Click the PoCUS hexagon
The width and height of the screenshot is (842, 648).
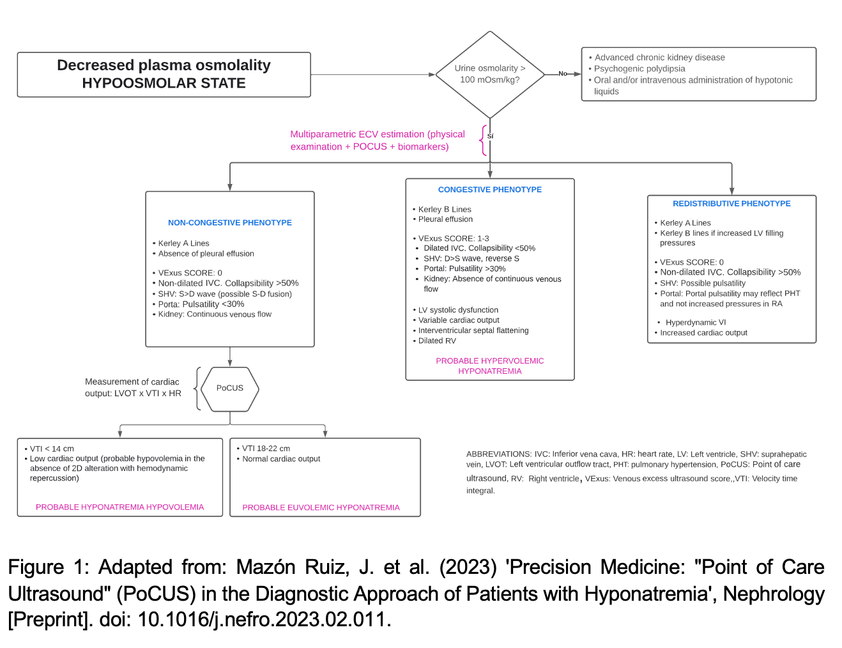tap(230, 389)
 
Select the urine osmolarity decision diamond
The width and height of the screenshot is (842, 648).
tap(490, 74)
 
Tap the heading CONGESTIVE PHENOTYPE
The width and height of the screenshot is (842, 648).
tap(490, 190)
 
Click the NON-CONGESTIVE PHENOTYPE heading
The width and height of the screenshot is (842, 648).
tap(230, 222)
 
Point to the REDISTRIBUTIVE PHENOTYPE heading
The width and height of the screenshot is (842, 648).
tap(731, 203)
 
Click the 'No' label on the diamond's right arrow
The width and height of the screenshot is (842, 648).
tap(563, 73)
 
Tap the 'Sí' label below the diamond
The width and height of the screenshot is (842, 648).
tap(490, 136)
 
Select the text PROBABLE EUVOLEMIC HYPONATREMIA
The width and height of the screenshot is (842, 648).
tap(321, 507)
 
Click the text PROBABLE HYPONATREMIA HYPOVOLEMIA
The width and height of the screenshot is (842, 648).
tap(119, 507)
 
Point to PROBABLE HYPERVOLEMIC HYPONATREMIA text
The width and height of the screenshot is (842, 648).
tap(490, 366)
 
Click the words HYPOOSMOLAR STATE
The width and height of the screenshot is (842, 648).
tap(164, 83)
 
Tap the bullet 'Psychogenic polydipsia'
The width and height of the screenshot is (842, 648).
tap(637, 68)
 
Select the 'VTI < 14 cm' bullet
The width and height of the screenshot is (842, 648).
tap(49, 449)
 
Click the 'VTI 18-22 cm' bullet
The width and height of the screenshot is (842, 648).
tap(263, 449)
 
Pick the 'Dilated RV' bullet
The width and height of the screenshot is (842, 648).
tap(434, 341)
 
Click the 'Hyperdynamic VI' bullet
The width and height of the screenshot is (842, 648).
tap(692, 323)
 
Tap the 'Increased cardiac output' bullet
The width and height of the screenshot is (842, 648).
tap(701, 332)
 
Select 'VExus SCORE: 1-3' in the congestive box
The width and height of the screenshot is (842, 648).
tap(451, 238)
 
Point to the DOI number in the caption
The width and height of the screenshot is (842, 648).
tap(262, 619)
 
